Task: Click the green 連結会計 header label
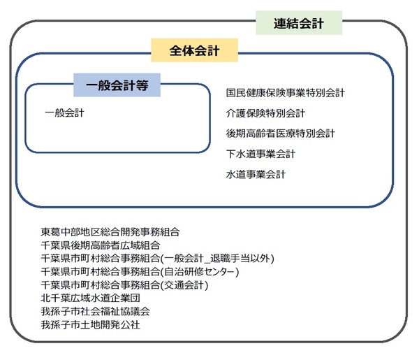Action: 299,23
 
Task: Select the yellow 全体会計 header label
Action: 194,50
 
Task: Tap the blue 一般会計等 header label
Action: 117,85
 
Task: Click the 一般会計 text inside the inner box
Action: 64,113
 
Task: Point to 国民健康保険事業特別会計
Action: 286,93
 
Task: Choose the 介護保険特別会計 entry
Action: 265,113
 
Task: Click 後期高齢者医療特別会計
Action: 280,134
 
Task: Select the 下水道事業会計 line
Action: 260,154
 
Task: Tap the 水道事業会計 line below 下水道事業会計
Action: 256,174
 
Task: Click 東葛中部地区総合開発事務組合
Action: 110,232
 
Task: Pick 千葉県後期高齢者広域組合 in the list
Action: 100,245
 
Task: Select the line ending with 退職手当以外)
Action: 157,259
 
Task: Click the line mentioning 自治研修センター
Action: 140,272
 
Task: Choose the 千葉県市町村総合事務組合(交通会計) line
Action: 124,285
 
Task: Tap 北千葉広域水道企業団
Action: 90,298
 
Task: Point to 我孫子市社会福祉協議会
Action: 96,311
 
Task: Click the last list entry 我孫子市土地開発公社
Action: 90,324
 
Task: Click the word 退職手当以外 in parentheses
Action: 240,259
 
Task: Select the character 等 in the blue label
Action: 142,85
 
